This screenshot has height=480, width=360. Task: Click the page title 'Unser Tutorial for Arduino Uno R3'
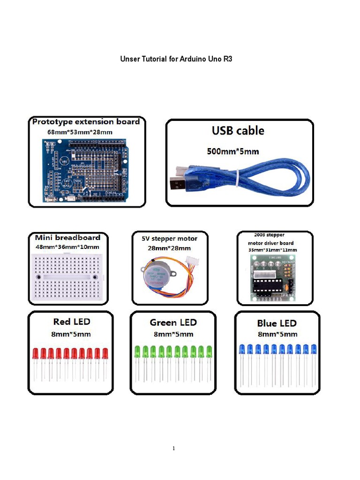pyautogui.click(x=176, y=60)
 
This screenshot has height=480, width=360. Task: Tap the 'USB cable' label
pyautogui.click(x=239, y=130)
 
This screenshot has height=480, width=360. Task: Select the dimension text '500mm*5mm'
pyautogui.click(x=233, y=151)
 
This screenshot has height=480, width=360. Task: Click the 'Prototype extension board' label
pyautogui.click(x=86, y=122)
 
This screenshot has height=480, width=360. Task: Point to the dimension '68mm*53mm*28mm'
pyautogui.click(x=80, y=132)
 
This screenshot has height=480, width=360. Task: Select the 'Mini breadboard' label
pyautogui.click(x=67, y=238)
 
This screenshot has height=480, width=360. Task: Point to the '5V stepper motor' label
pyautogui.click(x=170, y=239)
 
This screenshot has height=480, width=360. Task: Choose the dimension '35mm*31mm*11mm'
pyautogui.click(x=272, y=250)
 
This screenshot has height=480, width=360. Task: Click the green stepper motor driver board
pyautogui.click(x=273, y=278)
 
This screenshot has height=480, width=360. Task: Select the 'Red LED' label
pyautogui.click(x=71, y=322)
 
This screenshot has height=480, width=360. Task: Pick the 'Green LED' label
pyautogui.click(x=173, y=322)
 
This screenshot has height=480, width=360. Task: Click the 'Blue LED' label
pyautogui.click(x=277, y=323)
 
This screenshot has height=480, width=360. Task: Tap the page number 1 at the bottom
pyautogui.click(x=174, y=449)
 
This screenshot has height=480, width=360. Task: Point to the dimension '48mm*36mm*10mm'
pyautogui.click(x=67, y=247)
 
